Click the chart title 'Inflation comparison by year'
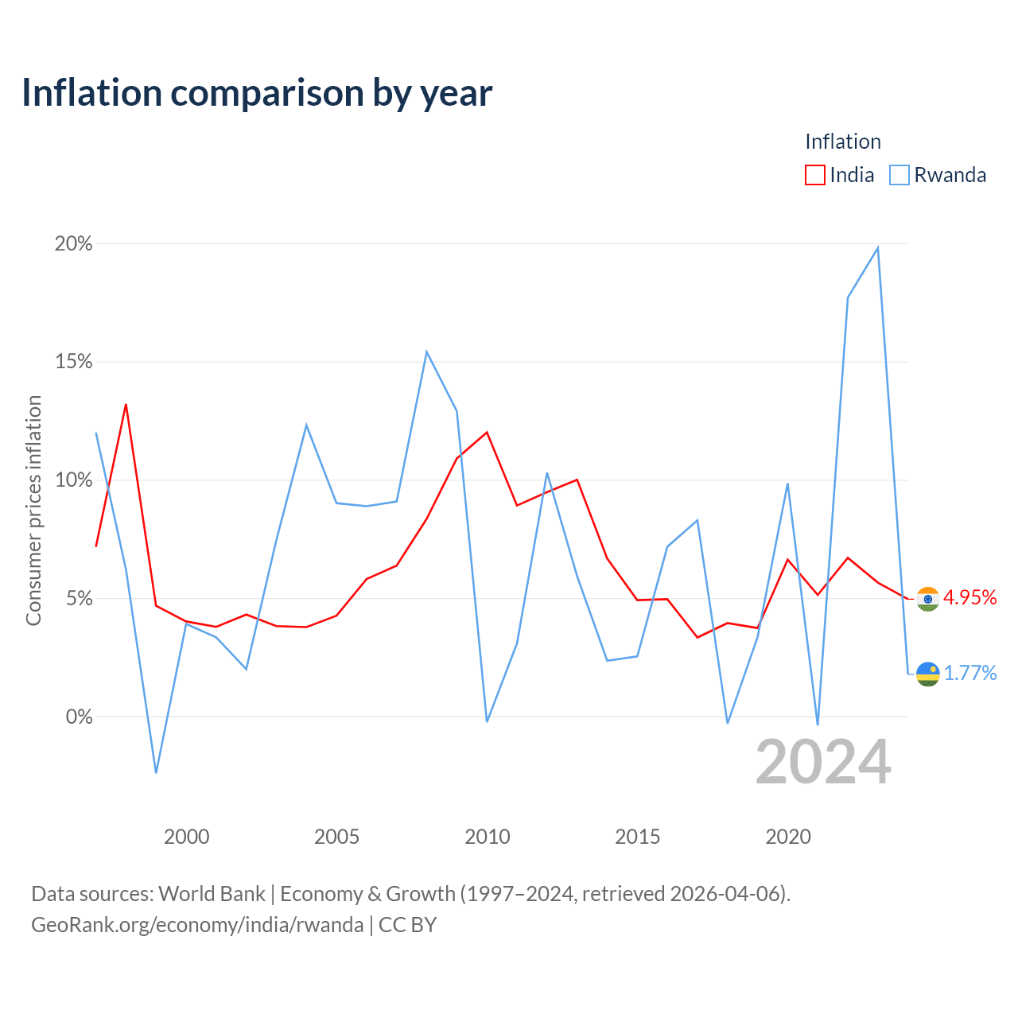point(257,93)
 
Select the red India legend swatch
point(814,175)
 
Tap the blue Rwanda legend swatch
point(899,175)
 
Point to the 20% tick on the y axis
point(73,243)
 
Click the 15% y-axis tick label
point(73,362)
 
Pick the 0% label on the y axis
point(80,717)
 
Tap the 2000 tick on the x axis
point(186,837)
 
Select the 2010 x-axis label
point(487,837)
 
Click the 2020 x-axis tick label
point(787,837)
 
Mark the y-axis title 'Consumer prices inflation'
point(33,511)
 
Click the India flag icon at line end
point(927,599)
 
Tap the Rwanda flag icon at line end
point(927,674)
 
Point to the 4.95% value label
point(970,597)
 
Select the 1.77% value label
point(970,673)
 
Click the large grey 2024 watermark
point(823,762)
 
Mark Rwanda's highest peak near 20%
point(877,248)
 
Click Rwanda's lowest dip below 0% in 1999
point(156,772)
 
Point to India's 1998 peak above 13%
point(126,405)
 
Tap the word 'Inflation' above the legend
point(843,142)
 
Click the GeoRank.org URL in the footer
point(197,925)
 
